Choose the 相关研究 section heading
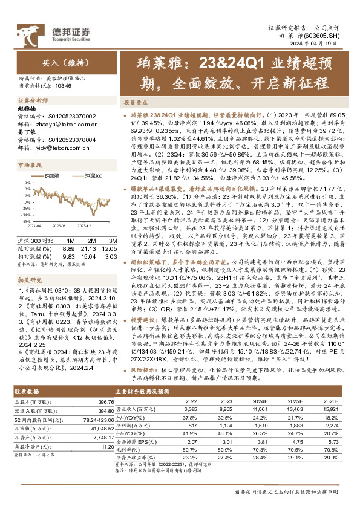30,264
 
